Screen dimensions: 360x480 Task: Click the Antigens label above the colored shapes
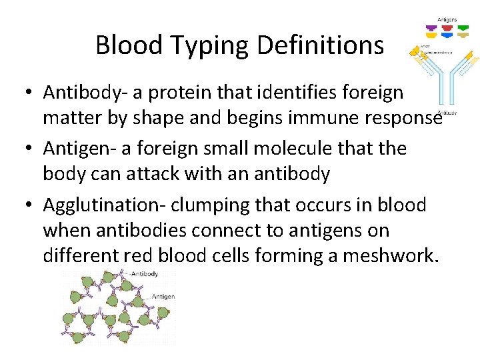(447, 19)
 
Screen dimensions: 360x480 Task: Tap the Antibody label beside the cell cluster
(145, 273)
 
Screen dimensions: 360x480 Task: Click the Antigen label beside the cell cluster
(163, 297)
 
